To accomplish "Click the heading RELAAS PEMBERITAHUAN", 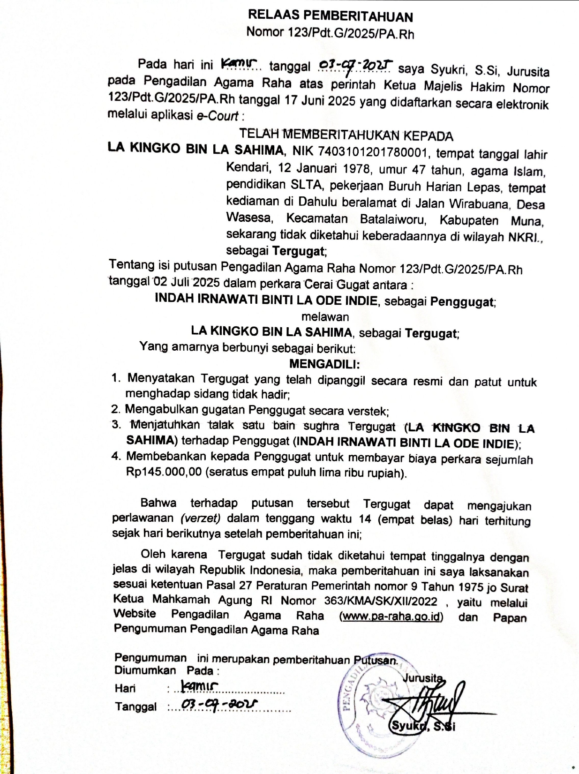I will point(330,16).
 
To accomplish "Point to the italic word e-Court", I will point(217,115).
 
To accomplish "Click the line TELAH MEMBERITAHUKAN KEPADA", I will point(346,135).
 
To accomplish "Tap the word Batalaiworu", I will point(393,219).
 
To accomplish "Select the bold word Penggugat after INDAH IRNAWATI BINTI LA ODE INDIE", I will point(462,301).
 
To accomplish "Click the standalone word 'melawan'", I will point(325,316).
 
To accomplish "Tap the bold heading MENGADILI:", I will point(324,364).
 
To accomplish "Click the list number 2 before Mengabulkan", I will point(115,409).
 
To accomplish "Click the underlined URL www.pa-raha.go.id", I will point(391,616).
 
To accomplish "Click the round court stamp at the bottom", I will point(375,713).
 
